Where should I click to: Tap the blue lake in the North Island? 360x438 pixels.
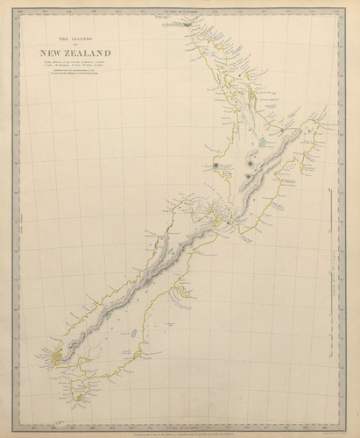click(263, 141)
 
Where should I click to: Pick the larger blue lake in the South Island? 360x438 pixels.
click(131, 333)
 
